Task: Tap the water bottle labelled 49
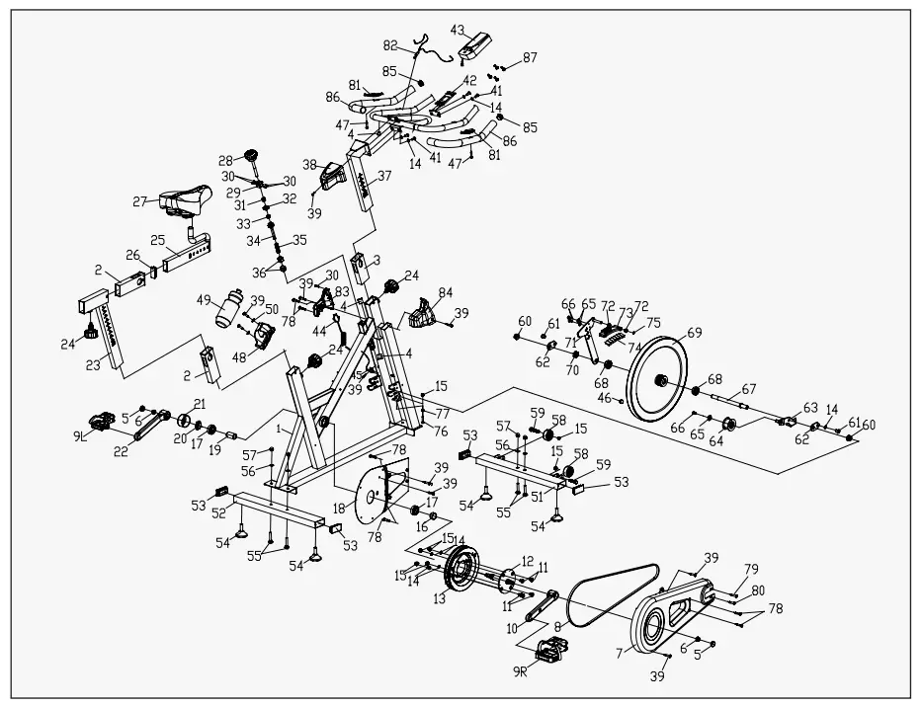(x=227, y=308)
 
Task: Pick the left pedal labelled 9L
(x=102, y=422)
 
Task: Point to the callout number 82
(x=390, y=45)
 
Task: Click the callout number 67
(x=749, y=388)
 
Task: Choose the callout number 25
(x=157, y=240)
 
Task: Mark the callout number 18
(x=340, y=507)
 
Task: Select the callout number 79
(x=752, y=568)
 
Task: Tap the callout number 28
(x=225, y=159)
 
